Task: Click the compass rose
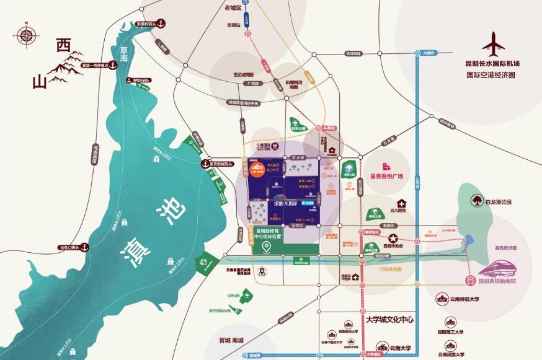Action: point(25,35)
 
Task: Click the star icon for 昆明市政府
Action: point(392,239)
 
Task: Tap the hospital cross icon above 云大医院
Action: point(402,203)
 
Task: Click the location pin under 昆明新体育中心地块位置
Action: point(267,248)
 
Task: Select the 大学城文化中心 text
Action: point(389,320)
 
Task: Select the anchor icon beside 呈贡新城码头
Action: point(204,164)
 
